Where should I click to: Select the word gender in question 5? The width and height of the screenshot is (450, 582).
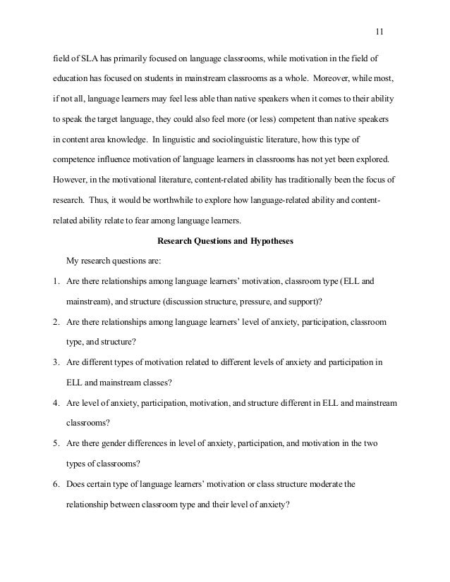click(x=116, y=444)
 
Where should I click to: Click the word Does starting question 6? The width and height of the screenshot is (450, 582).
click(x=76, y=485)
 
